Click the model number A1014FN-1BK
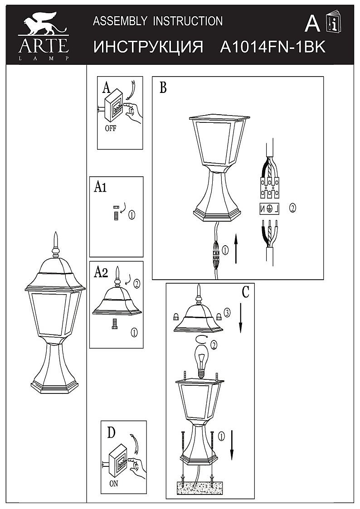click(272, 48)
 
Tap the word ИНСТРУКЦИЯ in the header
click(148, 48)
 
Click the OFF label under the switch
click(110, 128)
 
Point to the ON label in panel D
click(114, 483)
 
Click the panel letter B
click(163, 87)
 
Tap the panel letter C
click(245, 292)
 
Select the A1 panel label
click(100, 187)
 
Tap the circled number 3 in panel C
click(227, 313)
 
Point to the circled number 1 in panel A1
click(131, 214)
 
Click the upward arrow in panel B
click(235, 249)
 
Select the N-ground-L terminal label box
click(269, 208)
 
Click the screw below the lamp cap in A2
click(115, 324)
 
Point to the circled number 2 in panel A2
click(136, 284)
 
